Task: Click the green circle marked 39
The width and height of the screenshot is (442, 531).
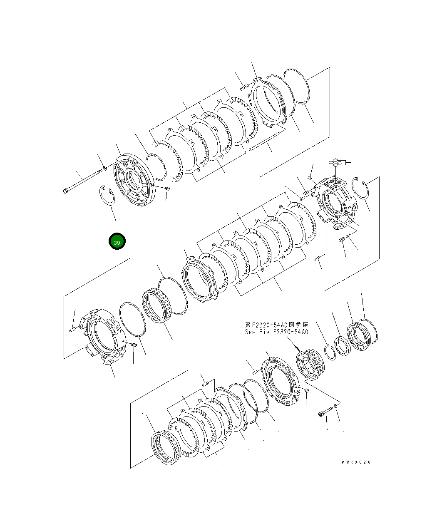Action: (x=117, y=241)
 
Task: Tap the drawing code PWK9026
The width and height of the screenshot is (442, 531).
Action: (x=356, y=462)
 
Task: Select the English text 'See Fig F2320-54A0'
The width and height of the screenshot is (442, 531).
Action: (x=276, y=332)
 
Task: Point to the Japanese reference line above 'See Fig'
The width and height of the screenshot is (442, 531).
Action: (x=277, y=325)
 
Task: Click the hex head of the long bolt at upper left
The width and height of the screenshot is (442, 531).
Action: (x=65, y=191)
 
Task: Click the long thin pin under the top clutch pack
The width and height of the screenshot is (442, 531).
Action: (x=267, y=140)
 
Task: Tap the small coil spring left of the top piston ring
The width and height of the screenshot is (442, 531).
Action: (x=244, y=87)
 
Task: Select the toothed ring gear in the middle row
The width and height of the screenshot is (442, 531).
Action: (x=158, y=305)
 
